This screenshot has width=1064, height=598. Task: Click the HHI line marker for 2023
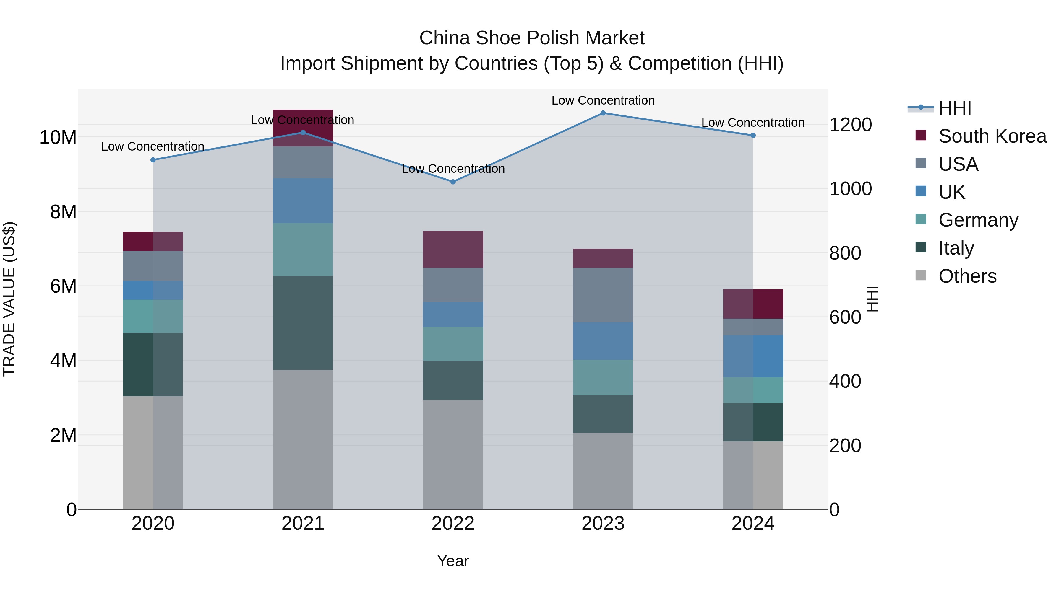[603, 113]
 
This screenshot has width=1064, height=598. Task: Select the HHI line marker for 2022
[453, 182]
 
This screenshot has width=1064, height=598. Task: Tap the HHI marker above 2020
[153, 160]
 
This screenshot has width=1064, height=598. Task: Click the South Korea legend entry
[992, 136]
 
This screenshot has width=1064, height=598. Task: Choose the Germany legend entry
[978, 220]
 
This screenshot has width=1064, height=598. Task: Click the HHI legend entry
[954, 108]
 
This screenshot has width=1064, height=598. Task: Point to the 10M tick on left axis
[58, 137]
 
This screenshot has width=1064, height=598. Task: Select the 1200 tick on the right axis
[850, 125]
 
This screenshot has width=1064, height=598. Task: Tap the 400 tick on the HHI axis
[845, 381]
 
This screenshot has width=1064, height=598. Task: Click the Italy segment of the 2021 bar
[303, 323]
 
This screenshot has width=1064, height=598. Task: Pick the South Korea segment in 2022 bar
[453, 249]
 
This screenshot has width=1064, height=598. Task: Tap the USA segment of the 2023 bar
[603, 295]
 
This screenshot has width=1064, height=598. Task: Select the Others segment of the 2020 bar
[153, 453]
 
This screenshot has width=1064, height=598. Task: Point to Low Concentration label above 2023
[603, 101]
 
